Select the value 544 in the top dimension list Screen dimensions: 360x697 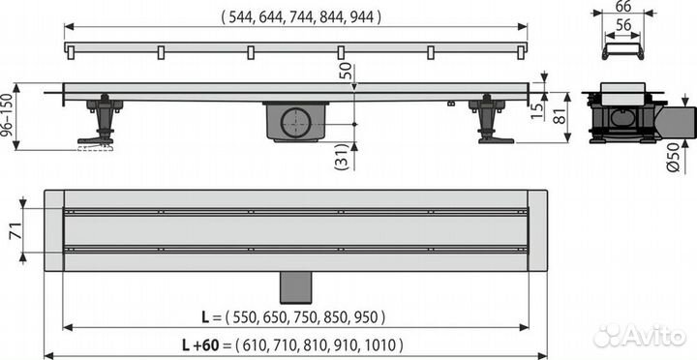(241, 16)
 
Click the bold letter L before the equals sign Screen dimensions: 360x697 (203, 316)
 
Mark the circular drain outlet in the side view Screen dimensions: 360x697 (295, 123)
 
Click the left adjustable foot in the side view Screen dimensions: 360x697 (100, 124)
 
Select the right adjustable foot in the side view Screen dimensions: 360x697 (489, 122)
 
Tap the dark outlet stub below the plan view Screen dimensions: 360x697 (295, 285)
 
